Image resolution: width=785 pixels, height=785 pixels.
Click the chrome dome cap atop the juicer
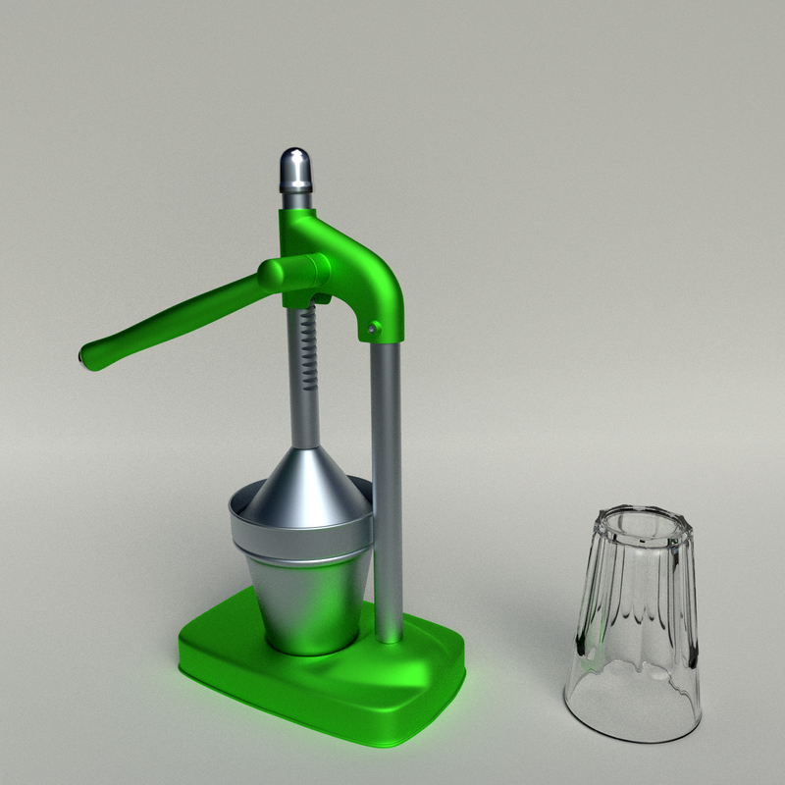296,169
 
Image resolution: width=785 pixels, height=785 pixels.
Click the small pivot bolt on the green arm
374,329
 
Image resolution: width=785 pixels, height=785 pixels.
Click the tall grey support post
387,471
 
